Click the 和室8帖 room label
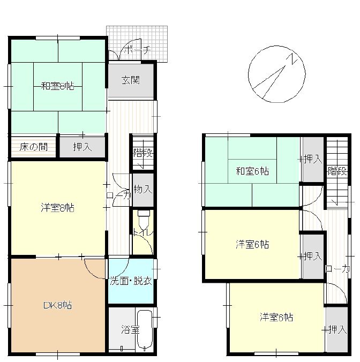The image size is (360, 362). click(57, 86)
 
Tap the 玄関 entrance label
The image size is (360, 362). click(131, 80)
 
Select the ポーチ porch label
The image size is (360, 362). click(138, 50)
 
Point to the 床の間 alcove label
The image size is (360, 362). click(34, 147)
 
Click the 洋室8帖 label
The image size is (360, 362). click(57, 208)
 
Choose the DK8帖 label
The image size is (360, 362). click(58, 305)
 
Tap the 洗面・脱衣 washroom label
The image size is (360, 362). click(131, 281)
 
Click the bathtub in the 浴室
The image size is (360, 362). click(145, 330)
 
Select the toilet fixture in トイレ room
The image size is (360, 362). click(144, 218)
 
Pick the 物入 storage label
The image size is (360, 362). click(143, 190)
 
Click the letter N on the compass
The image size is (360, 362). click(294, 59)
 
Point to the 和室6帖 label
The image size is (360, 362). click(252, 171)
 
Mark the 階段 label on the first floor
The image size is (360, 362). click(143, 153)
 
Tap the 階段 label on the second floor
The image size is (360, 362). click(337, 171)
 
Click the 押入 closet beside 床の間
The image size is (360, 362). click(82, 147)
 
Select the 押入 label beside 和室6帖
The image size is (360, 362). click(313, 159)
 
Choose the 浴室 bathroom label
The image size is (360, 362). click(131, 330)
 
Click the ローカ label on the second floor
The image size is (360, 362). click(337, 269)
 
